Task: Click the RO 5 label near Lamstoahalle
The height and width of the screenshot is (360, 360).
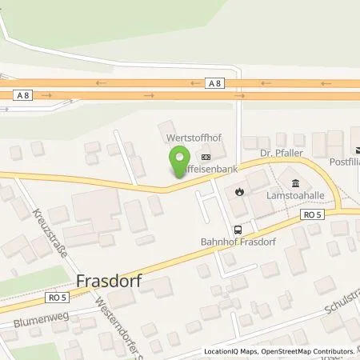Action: click(x=311, y=214)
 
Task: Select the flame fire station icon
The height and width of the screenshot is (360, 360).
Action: click(x=239, y=191)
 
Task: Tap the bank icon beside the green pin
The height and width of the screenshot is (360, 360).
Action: click(x=206, y=157)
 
